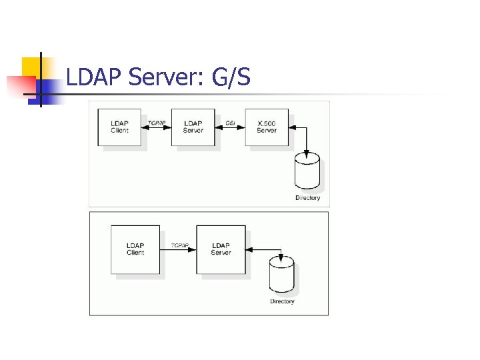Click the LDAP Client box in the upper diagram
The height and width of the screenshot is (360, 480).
(120, 127)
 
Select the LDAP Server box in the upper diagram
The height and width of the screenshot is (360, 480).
(193, 127)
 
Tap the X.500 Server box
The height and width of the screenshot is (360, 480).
(267, 127)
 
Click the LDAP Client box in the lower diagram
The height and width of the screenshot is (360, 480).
(135, 249)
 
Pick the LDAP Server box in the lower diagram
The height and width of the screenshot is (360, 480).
(221, 249)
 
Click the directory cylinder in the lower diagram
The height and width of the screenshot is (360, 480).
(281, 276)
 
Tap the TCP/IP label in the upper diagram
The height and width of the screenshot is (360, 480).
(157, 123)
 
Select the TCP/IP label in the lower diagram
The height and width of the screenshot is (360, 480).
(180, 246)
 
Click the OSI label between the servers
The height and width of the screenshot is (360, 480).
(230, 123)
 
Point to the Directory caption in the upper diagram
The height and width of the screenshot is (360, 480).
(307, 198)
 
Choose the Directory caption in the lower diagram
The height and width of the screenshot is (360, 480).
(282, 302)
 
